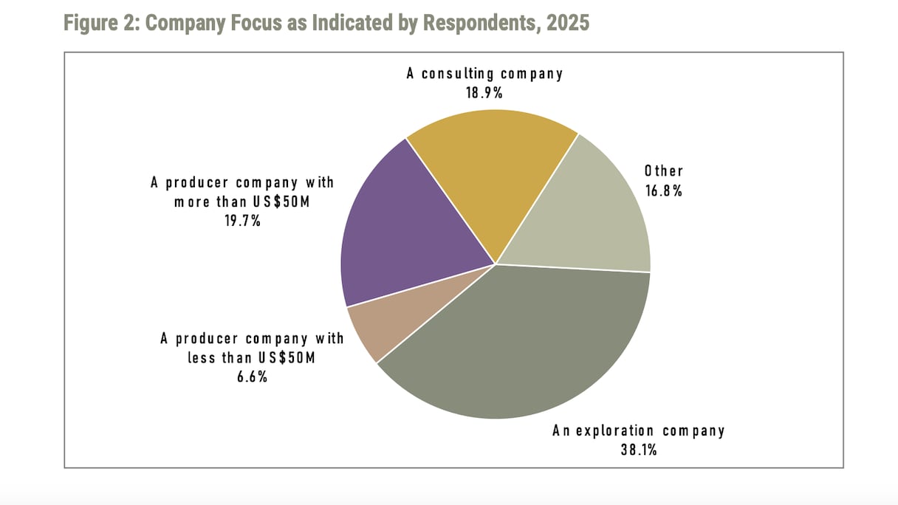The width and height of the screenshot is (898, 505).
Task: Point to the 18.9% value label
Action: [484, 92]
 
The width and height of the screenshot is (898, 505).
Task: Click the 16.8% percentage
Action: [663, 190]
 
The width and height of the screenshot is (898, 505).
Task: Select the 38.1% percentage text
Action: [638, 448]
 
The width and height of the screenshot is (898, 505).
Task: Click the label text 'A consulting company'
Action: [484, 74]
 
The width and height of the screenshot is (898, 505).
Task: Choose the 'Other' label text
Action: [663, 171]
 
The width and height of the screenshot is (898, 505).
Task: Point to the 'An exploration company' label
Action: [638, 430]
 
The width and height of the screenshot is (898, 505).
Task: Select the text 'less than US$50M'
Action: [251, 358]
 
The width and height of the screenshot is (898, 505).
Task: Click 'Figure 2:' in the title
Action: [101, 23]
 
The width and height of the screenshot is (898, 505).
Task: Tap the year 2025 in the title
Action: [568, 23]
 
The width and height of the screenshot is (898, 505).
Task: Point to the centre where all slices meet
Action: [496, 264]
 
